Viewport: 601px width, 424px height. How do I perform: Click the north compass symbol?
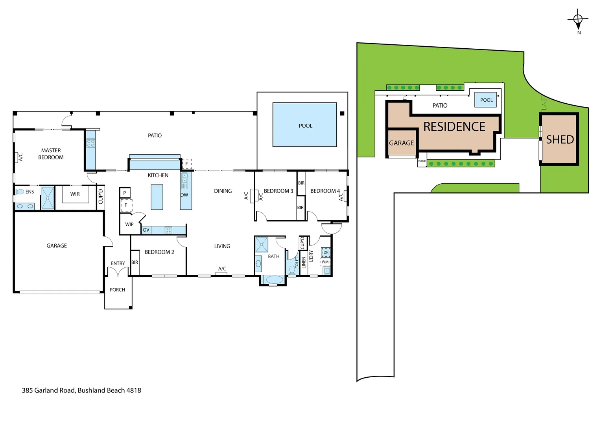[x=578, y=20]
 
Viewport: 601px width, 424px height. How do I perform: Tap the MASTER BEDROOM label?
[x=51, y=154]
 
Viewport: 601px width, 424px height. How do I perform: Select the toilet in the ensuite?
[x=20, y=192]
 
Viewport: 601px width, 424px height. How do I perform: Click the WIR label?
[x=75, y=194]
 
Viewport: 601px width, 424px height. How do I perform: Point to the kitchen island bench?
[x=157, y=197]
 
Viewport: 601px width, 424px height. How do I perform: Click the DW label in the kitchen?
[x=184, y=195]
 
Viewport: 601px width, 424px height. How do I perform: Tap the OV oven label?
[x=146, y=230]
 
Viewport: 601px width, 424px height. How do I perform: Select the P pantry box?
[x=125, y=193]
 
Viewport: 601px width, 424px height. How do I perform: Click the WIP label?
[x=129, y=225]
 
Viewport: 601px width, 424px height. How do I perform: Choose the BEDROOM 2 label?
[x=159, y=252]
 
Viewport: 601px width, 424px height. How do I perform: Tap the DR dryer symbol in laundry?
[x=326, y=252]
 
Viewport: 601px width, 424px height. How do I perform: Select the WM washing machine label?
[x=325, y=262]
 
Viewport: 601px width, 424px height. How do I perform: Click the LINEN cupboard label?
[x=304, y=262]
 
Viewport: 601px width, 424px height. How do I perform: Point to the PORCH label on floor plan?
[x=117, y=290]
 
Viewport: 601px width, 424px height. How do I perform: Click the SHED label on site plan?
[x=560, y=139]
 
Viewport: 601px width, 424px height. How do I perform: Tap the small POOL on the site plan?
[x=486, y=100]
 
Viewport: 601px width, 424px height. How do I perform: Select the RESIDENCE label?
[x=454, y=127]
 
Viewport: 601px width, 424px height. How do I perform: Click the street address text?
[x=81, y=390]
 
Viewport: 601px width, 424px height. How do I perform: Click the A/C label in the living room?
[x=222, y=269]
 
